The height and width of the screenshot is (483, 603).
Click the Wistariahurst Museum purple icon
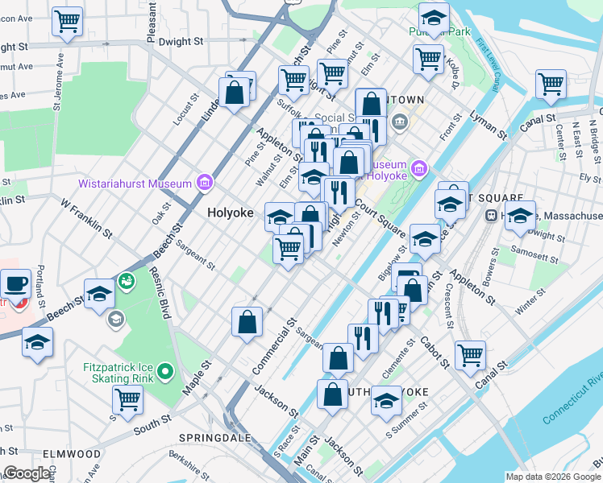(205, 184)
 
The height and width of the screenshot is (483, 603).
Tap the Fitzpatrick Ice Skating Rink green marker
(165, 372)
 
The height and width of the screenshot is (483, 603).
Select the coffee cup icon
(15, 284)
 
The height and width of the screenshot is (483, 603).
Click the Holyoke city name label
(230, 213)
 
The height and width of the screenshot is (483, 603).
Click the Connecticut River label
(572, 398)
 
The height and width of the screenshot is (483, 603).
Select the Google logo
(27, 473)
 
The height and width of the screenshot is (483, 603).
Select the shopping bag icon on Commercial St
(247, 322)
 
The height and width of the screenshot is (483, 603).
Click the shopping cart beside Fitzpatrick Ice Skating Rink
(127, 398)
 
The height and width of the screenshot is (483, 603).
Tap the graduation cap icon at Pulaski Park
(434, 19)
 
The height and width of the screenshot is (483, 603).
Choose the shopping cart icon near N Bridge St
(551, 84)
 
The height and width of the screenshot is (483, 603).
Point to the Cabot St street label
(435, 352)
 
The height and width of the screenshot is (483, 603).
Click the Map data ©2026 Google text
(552, 477)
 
